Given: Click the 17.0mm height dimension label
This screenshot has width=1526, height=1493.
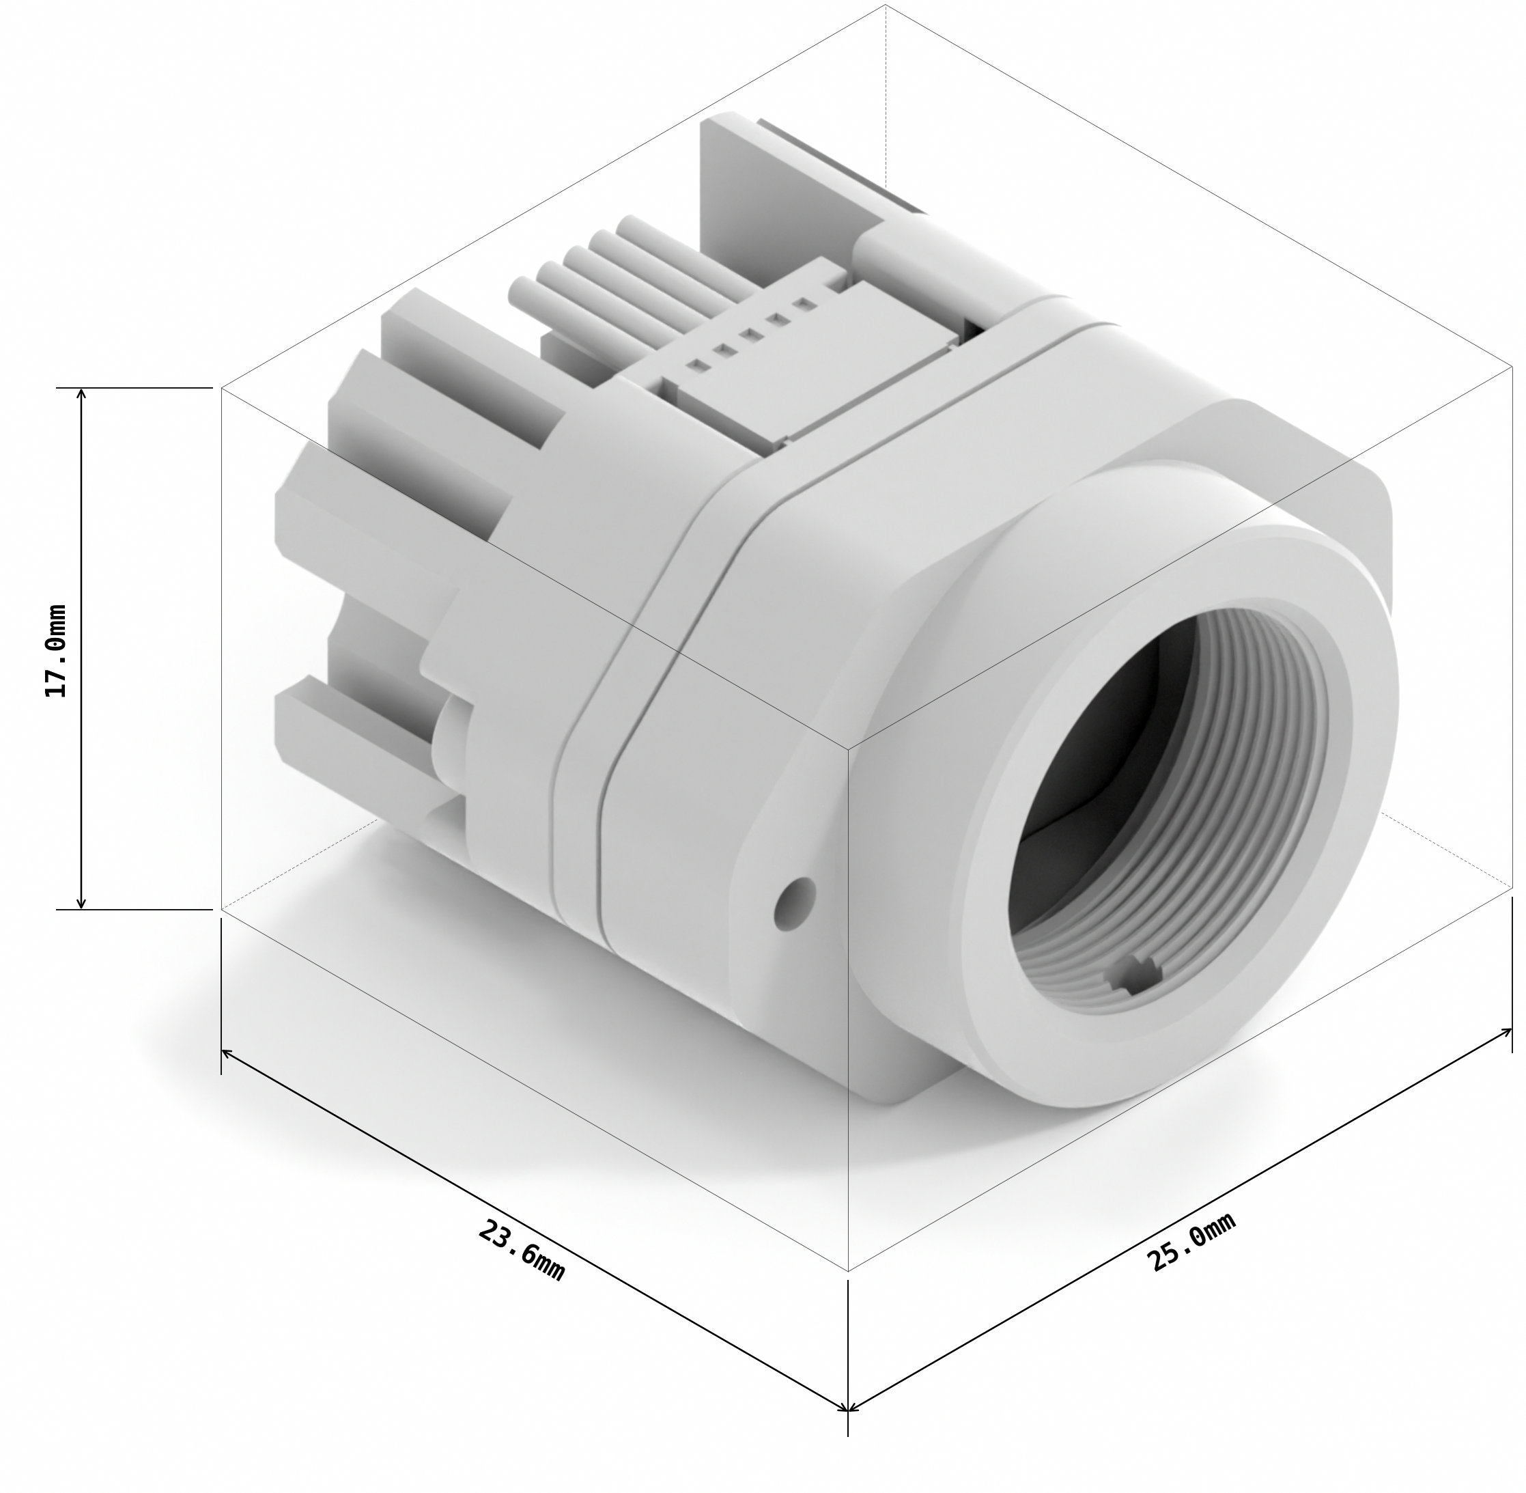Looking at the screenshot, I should pos(56,650).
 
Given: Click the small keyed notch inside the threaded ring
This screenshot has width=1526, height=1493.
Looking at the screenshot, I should pos(1133,978).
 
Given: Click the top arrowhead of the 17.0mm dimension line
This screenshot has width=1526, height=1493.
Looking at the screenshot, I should pos(81,391).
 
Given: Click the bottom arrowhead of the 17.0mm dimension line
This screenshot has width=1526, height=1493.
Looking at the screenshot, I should pos(81,905).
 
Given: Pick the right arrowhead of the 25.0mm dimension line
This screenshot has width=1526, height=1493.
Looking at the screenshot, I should pos(1510,1031).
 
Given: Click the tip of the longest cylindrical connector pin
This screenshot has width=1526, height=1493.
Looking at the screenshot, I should pos(627,226).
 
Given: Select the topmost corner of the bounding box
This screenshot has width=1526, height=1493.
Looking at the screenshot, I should pos(886,5).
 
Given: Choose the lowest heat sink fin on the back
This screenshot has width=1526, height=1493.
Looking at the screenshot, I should pos(345,721).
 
